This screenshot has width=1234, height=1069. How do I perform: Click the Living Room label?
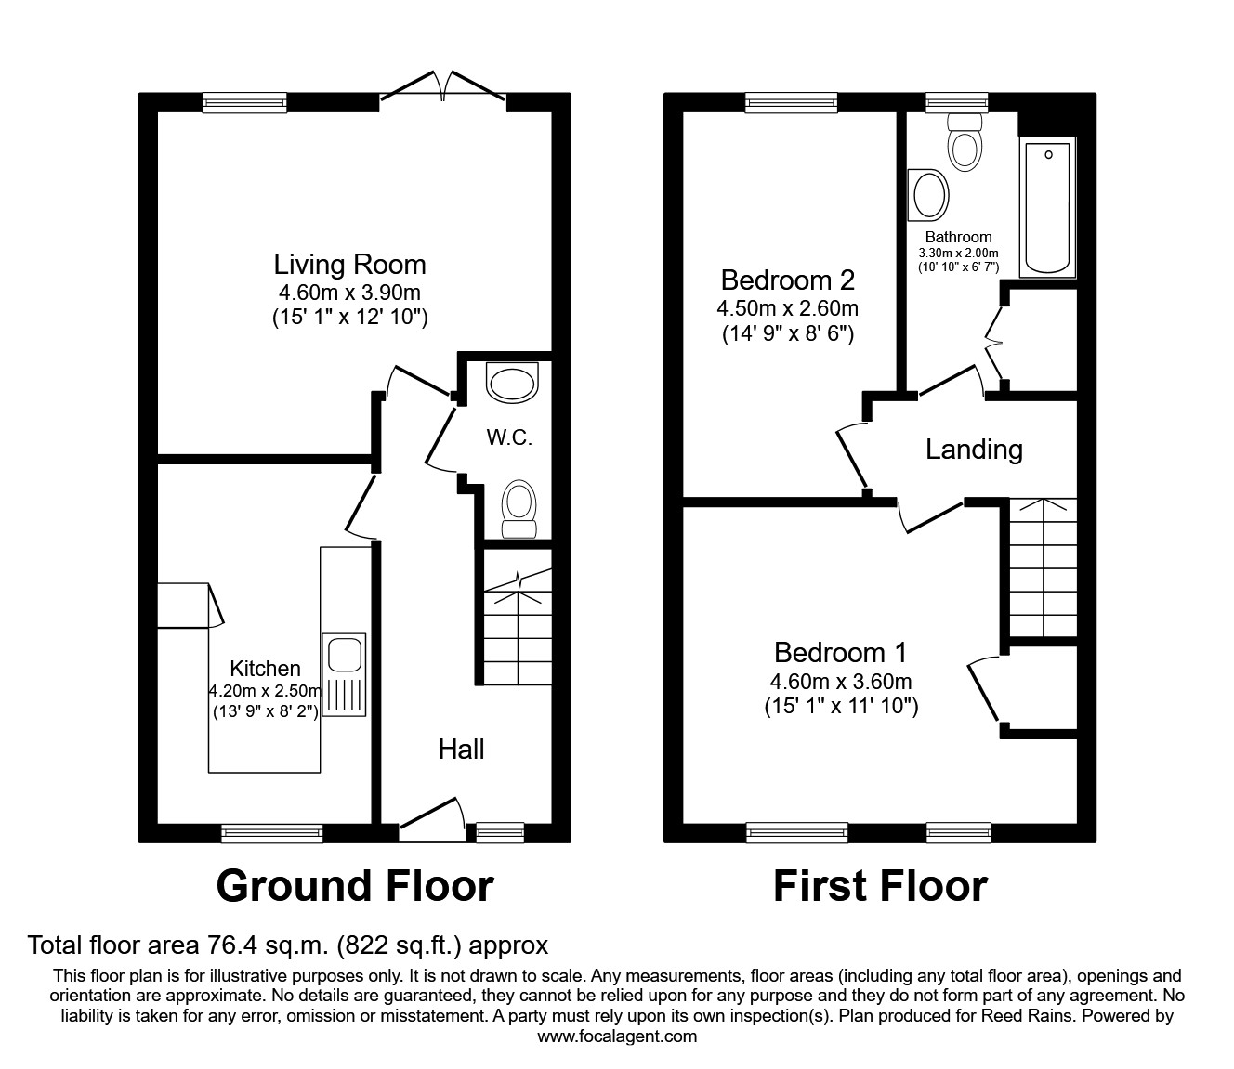349,265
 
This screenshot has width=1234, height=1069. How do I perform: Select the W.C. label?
509,437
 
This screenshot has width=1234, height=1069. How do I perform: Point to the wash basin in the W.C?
514,384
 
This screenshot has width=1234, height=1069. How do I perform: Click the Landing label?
974,450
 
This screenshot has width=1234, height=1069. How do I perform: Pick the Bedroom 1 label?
840,653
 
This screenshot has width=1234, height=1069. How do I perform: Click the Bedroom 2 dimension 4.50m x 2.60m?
787,308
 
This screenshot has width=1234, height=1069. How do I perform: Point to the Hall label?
461,750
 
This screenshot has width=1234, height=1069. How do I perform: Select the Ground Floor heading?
354,886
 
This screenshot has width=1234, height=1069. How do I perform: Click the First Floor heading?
879,886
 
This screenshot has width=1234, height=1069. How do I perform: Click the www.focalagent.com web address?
617,1036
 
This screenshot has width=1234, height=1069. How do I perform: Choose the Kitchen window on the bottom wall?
272,833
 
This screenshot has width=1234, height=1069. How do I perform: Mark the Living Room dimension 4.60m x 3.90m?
349,293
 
